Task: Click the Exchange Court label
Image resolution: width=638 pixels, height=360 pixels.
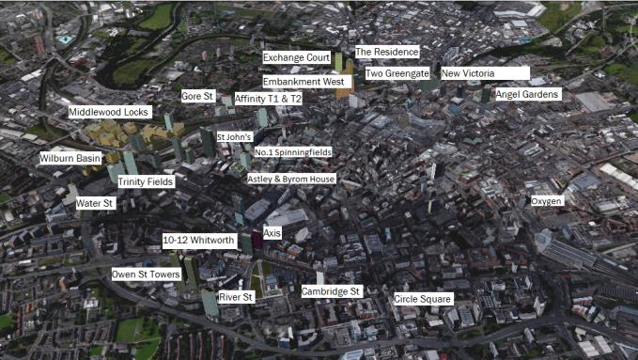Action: pos(297,57)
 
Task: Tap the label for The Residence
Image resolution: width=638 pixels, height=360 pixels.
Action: pos(387,52)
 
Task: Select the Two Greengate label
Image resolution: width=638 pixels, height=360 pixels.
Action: pos(397,72)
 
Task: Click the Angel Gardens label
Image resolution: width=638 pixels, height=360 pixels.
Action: pos(527,94)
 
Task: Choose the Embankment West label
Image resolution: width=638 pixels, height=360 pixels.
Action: pos(306,82)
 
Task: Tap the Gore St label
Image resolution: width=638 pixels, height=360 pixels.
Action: pos(197,96)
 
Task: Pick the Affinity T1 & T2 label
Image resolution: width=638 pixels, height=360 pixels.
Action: pos(269,98)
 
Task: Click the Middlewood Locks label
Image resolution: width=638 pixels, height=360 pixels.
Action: pos(109,112)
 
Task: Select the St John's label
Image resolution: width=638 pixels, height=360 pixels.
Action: pos(234,137)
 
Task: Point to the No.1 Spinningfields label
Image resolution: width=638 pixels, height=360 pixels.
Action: pos(292,151)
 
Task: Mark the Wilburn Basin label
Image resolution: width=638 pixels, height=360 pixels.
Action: pos(70,159)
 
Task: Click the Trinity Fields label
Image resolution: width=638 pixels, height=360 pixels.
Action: pos(146,180)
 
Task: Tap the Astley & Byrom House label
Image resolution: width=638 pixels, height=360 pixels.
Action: pos(291,179)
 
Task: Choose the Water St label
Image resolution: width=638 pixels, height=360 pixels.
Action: pos(94,203)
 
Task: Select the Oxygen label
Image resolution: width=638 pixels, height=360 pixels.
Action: pos(547,201)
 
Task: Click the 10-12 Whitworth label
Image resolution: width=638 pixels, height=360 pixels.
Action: pos(198,240)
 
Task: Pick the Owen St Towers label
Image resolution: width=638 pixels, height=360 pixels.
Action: pos(146,274)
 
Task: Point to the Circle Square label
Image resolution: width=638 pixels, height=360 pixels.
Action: pos(423,299)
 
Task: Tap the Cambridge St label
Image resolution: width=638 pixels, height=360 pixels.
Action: pos(331,291)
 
